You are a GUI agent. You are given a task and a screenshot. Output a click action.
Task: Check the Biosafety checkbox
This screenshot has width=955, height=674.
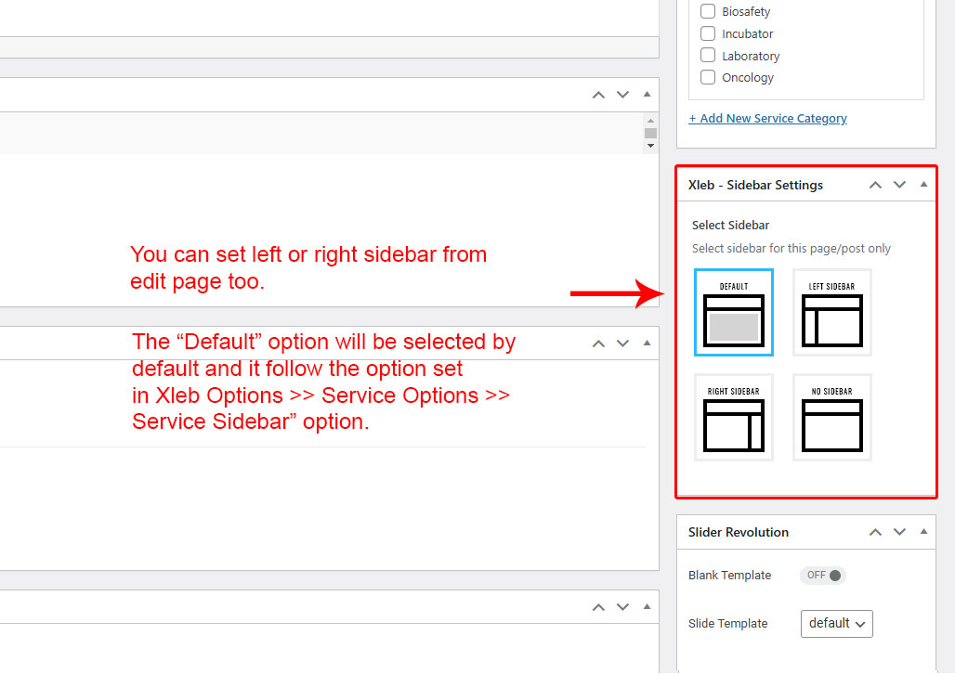click(707, 11)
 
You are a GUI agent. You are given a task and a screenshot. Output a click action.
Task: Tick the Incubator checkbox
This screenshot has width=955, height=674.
click(707, 32)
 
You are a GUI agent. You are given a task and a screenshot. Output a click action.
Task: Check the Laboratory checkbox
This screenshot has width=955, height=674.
click(707, 56)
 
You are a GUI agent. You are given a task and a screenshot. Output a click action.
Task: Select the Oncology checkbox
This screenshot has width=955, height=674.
click(707, 77)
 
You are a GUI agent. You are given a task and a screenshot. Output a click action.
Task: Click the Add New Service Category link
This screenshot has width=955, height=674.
click(767, 118)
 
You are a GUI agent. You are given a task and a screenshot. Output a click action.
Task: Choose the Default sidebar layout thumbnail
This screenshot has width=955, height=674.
click(733, 312)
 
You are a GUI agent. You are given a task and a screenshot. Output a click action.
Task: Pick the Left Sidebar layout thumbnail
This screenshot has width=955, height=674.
click(832, 312)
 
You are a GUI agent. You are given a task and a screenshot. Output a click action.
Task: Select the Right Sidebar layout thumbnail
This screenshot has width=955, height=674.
click(733, 417)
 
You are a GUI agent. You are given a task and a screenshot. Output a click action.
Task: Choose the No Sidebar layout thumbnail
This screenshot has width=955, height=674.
click(832, 417)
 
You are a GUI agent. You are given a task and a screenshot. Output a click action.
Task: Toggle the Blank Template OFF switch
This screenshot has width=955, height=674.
click(823, 575)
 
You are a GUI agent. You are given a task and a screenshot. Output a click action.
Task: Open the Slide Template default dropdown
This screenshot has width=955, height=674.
click(836, 624)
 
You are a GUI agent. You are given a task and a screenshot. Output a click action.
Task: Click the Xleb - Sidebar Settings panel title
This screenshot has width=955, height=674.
click(755, 185)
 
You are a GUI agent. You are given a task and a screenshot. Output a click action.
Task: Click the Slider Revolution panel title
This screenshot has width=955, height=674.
click(739, 532)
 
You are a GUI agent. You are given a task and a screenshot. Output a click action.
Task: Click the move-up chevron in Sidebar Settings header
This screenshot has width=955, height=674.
click(875, 185)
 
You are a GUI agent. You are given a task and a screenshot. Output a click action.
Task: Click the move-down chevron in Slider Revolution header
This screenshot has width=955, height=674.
click(899, 532)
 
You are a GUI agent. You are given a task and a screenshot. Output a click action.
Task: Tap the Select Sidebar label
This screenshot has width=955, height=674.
click(730, 226)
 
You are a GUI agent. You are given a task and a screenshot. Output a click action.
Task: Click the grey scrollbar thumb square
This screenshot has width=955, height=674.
click(650, 133)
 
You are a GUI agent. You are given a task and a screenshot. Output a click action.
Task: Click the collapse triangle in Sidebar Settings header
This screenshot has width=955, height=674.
click(924, 184)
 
